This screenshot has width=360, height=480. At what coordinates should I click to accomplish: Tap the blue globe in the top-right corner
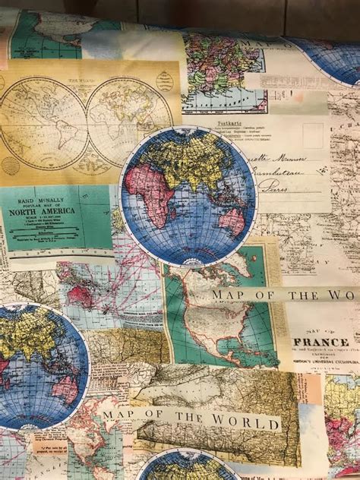(334, 57)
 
